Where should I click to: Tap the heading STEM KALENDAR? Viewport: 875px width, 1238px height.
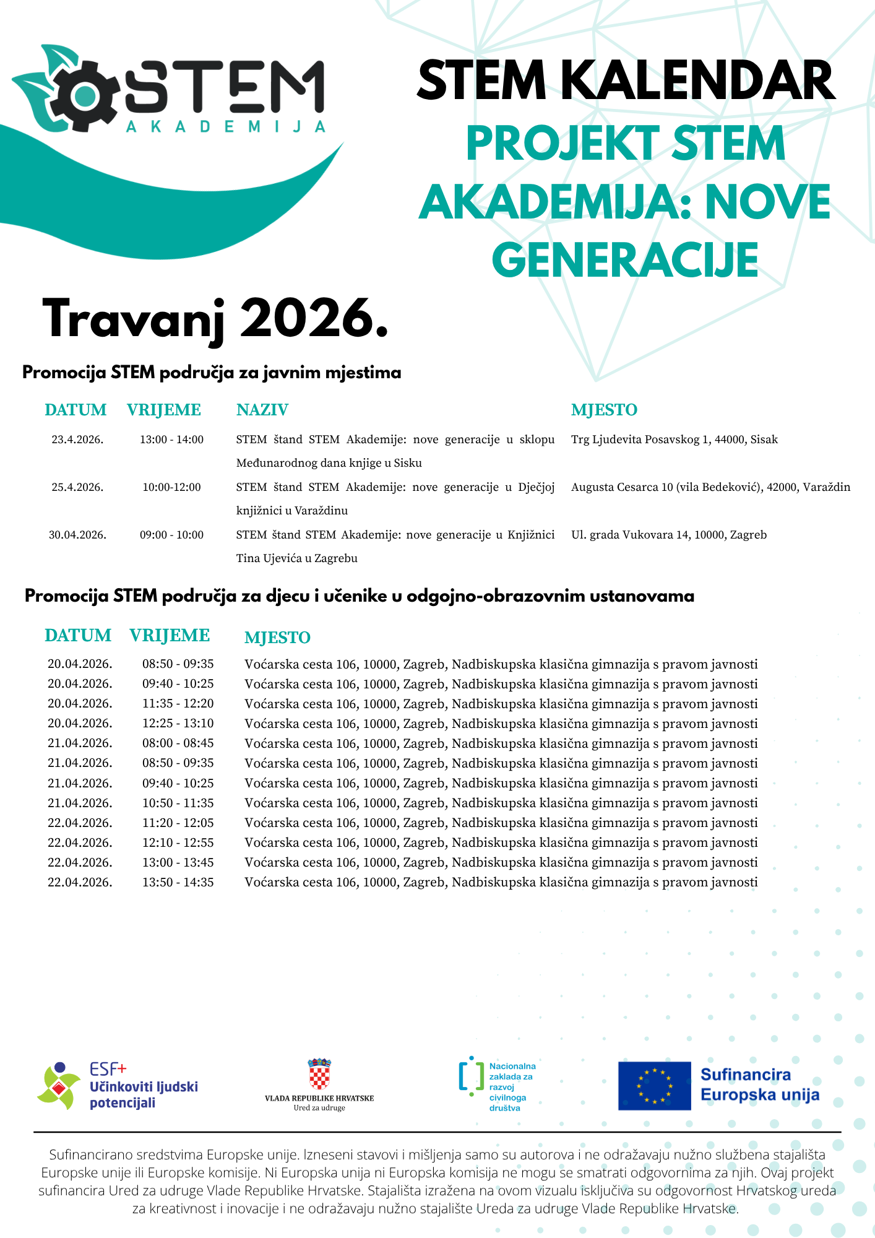click(x=626, y=81)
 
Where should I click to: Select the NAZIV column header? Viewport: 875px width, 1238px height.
click(x=262, y=410)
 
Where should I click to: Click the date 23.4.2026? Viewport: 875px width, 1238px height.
click(x=77, y=439)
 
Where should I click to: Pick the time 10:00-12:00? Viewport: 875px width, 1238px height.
click(x=171, y=487)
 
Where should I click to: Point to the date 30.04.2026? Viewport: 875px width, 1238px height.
click(x=77, y=535)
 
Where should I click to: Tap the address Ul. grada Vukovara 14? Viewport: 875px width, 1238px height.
click(x=668, y=535)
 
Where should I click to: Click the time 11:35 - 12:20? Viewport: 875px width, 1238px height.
click(x=178, y=704)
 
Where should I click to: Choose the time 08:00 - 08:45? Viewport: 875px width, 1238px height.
click(x=178, y=743)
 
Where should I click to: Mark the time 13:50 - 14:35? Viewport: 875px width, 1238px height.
click(x=178, y=882)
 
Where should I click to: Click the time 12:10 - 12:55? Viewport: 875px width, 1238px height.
click(x=178, y=842)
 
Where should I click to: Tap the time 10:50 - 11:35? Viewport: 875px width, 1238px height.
click(x=178, y=803)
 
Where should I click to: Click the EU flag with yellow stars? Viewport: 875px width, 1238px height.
click(x=654, y=1086)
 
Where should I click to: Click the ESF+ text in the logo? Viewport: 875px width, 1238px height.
click(x=108, y=1068)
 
